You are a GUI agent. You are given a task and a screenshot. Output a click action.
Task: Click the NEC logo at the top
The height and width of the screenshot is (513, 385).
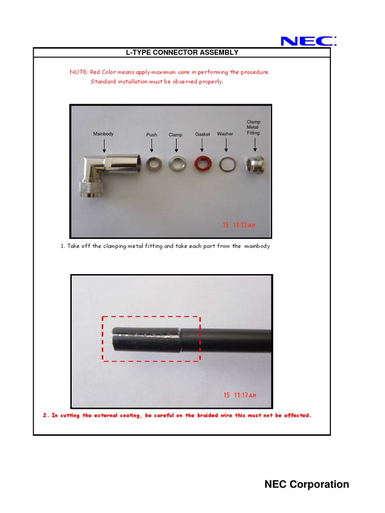308,41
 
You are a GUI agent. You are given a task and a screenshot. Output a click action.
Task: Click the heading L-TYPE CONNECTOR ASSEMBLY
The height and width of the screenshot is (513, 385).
181,53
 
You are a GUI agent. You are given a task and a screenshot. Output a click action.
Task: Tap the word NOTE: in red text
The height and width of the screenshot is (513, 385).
79,72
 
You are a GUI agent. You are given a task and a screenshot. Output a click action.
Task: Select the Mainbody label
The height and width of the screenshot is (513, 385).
104,134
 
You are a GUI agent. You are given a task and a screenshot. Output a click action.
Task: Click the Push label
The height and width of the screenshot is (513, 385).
151,135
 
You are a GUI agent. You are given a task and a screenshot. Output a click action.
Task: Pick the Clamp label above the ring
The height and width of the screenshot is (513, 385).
175,135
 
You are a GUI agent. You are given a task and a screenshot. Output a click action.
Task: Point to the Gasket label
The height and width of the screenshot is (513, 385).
203,134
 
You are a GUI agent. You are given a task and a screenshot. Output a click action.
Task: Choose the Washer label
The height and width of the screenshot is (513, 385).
225,134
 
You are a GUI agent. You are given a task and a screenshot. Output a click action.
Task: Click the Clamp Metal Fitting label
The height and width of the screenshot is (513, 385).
254,127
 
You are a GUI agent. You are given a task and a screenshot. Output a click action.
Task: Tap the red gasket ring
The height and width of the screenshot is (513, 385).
202,164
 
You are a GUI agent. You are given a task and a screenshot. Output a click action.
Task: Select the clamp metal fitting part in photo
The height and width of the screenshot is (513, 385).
256,164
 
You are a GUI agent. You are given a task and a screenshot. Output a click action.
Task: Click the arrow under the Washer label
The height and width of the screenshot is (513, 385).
226,145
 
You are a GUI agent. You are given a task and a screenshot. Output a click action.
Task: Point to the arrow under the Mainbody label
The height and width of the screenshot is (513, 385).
104,145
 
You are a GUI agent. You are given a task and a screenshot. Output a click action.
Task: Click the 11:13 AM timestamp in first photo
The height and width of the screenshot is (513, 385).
239,225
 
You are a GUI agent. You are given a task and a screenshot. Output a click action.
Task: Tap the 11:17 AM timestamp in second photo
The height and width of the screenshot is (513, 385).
239,395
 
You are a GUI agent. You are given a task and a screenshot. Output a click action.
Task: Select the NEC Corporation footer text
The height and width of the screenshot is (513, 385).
307,484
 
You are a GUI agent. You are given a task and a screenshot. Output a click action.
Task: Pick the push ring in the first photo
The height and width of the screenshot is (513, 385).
151,163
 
